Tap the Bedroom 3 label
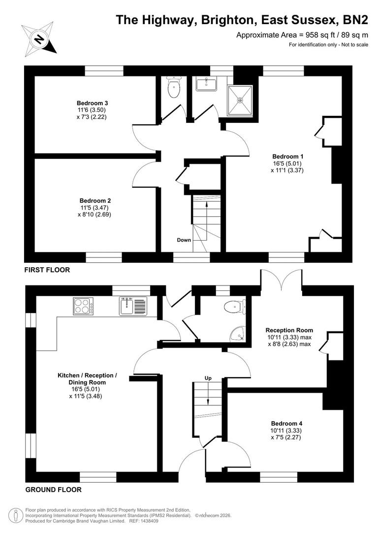(85, 103)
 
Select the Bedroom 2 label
(95, 201)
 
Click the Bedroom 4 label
(286, 423)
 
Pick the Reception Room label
(289, 330)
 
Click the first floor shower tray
(240, 100)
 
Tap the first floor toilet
(174, 88)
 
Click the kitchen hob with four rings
(84, 306)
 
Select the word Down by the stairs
(184, 240)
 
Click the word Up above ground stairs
(208, 378)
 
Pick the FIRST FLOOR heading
(47, 270)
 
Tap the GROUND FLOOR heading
(53, 490)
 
